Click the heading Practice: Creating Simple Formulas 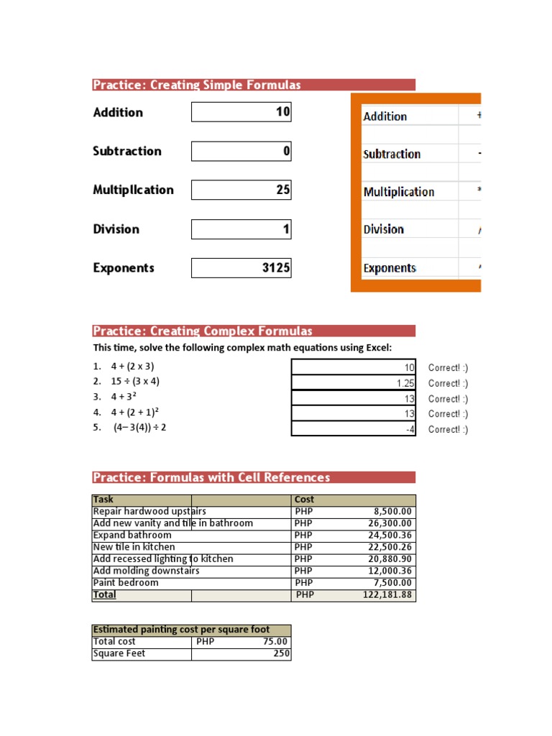(x=197, y=85)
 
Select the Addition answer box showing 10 (x=241, y=112)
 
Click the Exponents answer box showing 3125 (x=241, y=268)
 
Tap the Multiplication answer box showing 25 (x=241, y=190)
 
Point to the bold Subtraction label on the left (x=127, y=151)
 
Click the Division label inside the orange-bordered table (x=384, y=229)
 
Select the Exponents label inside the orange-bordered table (x=390, y=268)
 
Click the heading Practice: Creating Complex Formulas (x=203, y=331)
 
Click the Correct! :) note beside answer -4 (x=448, y=430)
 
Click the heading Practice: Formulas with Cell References (x=211, y=477)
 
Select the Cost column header (x=305, y=500)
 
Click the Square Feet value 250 (x=277, y=653)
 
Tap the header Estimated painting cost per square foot (x=182, y=630)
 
